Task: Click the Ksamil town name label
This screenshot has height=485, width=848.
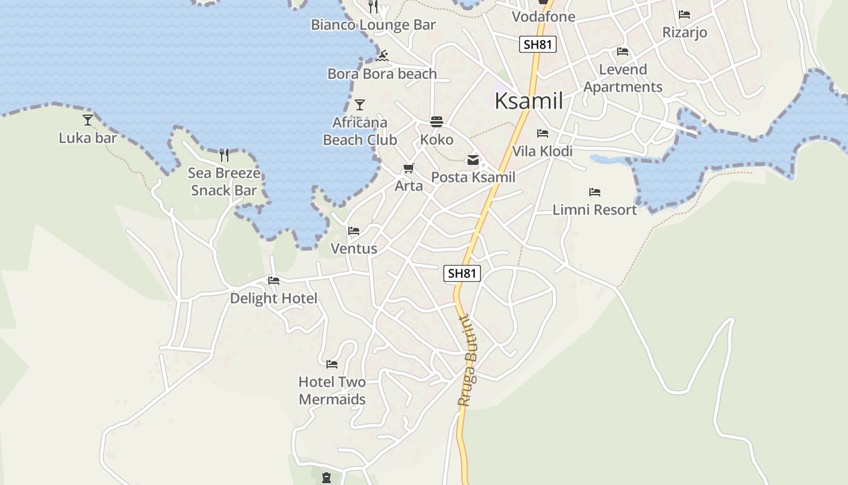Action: (x=529, y=101)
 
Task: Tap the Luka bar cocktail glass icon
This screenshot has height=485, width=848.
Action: (x=88, y=120)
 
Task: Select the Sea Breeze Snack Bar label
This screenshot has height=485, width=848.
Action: (x=224, y=182)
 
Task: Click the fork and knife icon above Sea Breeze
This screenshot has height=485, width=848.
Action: (x=224, y=155)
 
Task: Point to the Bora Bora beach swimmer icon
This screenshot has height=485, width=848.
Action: (x=382, y=56)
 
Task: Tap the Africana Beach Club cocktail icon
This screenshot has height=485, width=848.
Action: (x=360, y=105)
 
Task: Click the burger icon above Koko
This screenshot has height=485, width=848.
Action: (x=437, y=122)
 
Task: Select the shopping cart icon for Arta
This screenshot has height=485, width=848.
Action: (x=409, y=168)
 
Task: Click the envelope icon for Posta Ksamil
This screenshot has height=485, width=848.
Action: (x=473, y=160)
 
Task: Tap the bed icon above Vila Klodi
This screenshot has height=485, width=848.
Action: (x=542, y=133)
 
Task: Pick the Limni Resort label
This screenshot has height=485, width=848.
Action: (x=595, y=210)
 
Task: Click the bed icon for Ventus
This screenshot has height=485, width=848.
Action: (x=354, y=231)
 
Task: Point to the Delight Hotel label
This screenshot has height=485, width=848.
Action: (x=273, y=298)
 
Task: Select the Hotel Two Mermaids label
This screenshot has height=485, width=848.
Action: (x=333, y=391)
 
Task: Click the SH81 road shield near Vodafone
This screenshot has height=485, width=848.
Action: (x=537, y=44)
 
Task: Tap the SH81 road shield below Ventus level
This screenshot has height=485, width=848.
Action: (x=462, y=273)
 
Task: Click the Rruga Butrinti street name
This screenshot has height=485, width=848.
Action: (x=468, y=361)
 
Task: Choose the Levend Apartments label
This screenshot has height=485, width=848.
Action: (x=623, y=78)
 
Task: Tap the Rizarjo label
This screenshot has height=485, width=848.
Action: (x=684, y=32)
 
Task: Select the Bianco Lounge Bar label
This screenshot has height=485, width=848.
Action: (x=373, y=25)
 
